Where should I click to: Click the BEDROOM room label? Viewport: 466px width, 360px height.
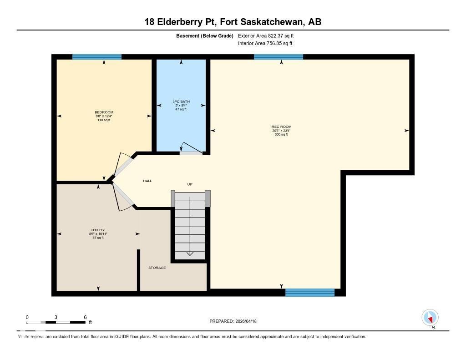(104, 112)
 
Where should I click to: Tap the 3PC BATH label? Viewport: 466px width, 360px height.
(181, 101)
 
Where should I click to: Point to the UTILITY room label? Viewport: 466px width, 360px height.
(98, 230)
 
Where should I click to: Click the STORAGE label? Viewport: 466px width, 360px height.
(157, 268)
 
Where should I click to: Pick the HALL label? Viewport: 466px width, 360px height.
(147, 181)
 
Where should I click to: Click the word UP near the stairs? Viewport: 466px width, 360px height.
(190, 184)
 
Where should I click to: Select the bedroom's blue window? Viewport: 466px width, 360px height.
(97, 57)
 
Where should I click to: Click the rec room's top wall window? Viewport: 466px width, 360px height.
(279, 57)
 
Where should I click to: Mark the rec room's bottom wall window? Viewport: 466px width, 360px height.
(310, 293)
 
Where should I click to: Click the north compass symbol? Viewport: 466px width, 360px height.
(430, 318)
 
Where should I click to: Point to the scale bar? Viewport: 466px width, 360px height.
(56, 322)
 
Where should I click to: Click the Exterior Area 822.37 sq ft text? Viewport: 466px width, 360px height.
(269, 35)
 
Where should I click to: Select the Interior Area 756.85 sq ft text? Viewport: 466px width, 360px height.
(265, 44)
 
